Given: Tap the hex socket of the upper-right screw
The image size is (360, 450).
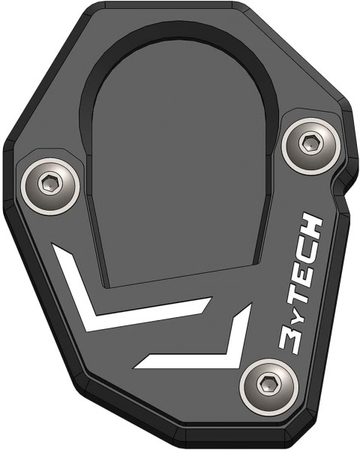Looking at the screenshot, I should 309,140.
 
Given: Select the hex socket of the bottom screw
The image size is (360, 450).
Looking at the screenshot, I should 266,386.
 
